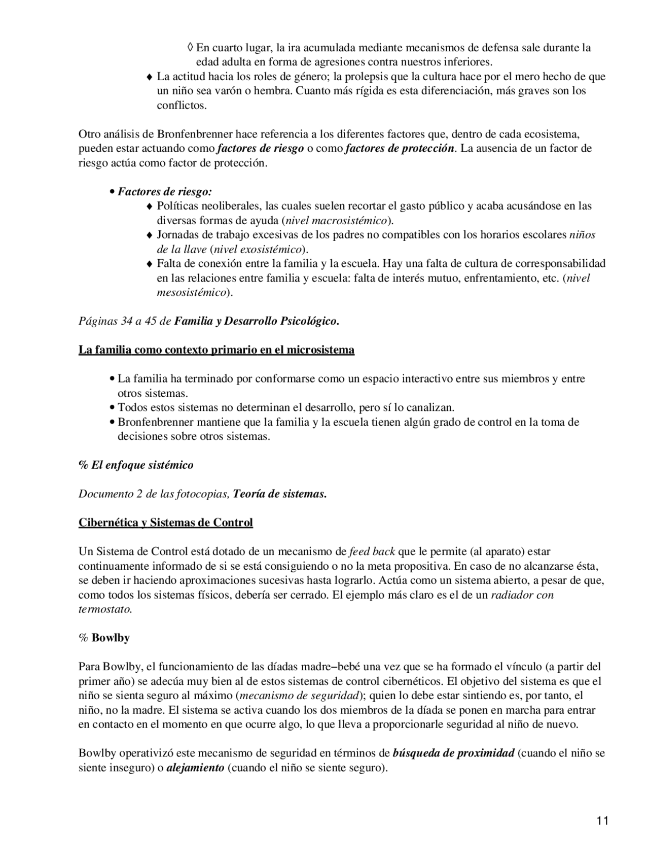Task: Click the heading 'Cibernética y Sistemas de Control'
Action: pyautogui.click(x=165, y=523)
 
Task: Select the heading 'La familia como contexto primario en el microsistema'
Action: pyautogui.click(x=216, y=350)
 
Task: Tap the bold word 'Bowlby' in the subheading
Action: pyautogui.click(x=111, y=638)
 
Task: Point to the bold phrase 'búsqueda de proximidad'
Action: pyautogui.click(x=453, y=753)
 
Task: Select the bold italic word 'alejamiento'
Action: pyautogui.click(x=195, y=768)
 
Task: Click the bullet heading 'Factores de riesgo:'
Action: pyautogui.click(x=165, y=192)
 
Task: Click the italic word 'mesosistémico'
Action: pyautogui.click(x=191, y=293)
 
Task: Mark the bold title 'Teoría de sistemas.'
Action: pyautogui.click(x=279, y=494)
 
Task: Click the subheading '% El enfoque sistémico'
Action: pyautogui.click(x=136, y=465)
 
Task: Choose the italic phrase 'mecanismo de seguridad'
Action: pyautogui.click(x=299, y=696)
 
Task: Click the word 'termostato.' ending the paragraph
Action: pyautogui.click(x=105, y=609)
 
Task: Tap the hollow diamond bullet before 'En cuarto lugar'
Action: pyautogui.click(x=190, y=48)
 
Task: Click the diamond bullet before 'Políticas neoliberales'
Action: pyautogui.click(x=149, y=207)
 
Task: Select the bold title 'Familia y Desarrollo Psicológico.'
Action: pyautogui.click(x=257, y=322)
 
